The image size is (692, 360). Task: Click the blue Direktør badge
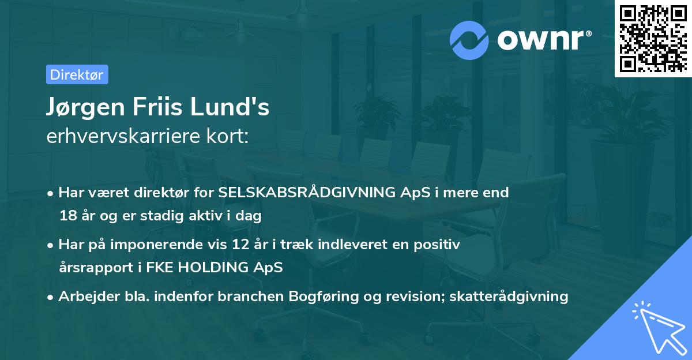pyautogui.click(x=77, y=74)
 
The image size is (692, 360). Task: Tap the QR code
pyautogui.click(x=652, y=38)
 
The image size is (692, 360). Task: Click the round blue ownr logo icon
pyautogui.click(x=469, y=39)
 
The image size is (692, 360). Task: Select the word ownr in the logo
pyautogui.click(x=542, y=40)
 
